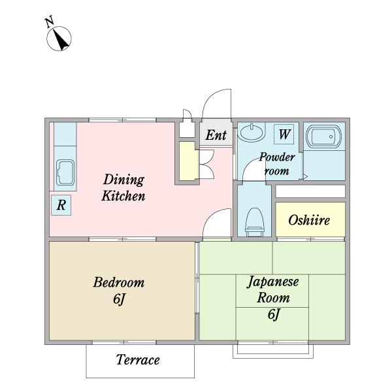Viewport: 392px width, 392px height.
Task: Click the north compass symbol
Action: pyautogui.click(x=59, y=39)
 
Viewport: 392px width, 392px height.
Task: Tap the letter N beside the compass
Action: pyautogui.click(x=50, y=22)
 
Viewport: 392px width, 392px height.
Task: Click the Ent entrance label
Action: pyautogui.click(x=216, y=135)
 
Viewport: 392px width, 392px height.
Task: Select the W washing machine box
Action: pyautogui.click(x=284, y=134)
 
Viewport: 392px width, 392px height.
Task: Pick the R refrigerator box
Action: pyautogui.click(x=61, y=205)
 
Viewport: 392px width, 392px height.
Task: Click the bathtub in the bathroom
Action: pyautogui.click(x=324, y=137)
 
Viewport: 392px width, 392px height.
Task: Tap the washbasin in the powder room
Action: pyautogui.click(x=251, y=132)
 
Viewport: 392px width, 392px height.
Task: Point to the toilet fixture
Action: pyautogui.click(x=255, y=222)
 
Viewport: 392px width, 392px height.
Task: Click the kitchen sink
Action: pyautogui.click(x=65, y=172)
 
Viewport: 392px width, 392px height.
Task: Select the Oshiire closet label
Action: pyautogui.click(x=309, y=220)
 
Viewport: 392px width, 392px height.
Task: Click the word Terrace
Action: pyautogui.click(x=138, y=360)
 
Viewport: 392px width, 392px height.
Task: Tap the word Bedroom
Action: pyautogui.click(x=119, y=282)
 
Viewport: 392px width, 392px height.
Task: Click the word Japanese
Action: pyautogui.click(x=272, y=282)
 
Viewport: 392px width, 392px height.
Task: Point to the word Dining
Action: pyautogui.click(x=123, y=180)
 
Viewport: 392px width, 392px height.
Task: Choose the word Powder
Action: pyautogui.click(x=277, y=157)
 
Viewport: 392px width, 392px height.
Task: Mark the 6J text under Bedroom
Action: pyautogui.click(x=119, y=299)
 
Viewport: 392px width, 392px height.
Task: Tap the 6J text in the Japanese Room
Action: pyautogui.click(x=274, y=314)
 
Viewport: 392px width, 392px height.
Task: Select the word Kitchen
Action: pyautogui.click(x=123, y=196)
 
